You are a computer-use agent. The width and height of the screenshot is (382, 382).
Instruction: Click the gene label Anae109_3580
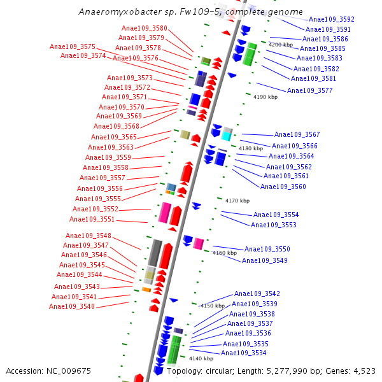pos(145,29)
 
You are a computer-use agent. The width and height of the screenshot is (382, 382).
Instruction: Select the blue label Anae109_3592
pos(332,20)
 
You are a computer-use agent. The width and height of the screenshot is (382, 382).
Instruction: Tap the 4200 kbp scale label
pos(281,45)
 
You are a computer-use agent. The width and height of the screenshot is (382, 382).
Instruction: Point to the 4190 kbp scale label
pos(265,97)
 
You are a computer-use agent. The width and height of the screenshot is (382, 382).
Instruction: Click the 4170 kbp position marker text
pos(237,201)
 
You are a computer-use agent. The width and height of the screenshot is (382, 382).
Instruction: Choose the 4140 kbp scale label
pos(201,358)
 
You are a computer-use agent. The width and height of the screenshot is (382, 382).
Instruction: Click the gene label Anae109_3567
pos(297,135)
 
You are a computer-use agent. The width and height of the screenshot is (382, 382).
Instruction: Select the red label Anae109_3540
pos(72,307)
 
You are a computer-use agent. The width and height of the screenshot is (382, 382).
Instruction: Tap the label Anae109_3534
pos(244,353)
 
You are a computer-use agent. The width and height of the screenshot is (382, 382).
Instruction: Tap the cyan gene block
pos(227,134)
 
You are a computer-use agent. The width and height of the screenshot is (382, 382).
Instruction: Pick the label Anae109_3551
pos(92,220)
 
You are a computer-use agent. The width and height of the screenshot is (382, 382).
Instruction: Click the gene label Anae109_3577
pos(309,91)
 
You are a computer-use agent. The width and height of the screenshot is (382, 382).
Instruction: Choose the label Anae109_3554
pos(276,215)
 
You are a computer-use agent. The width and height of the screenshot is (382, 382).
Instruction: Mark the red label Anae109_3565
pos(114,138)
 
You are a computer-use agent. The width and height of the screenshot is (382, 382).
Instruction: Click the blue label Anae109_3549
pos(265,260)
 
